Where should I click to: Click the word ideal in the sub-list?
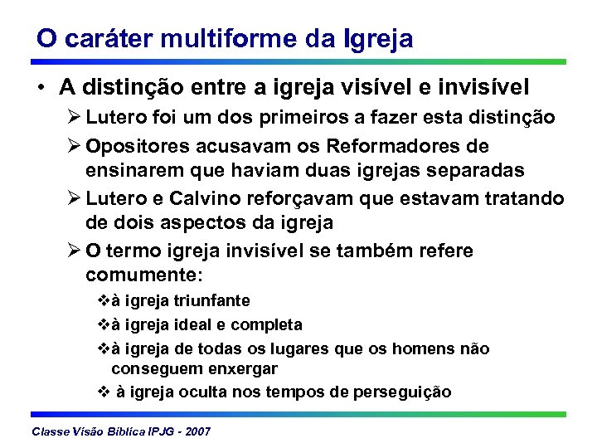click(201, 324)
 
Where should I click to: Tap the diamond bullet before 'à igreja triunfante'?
click(104, 300)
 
